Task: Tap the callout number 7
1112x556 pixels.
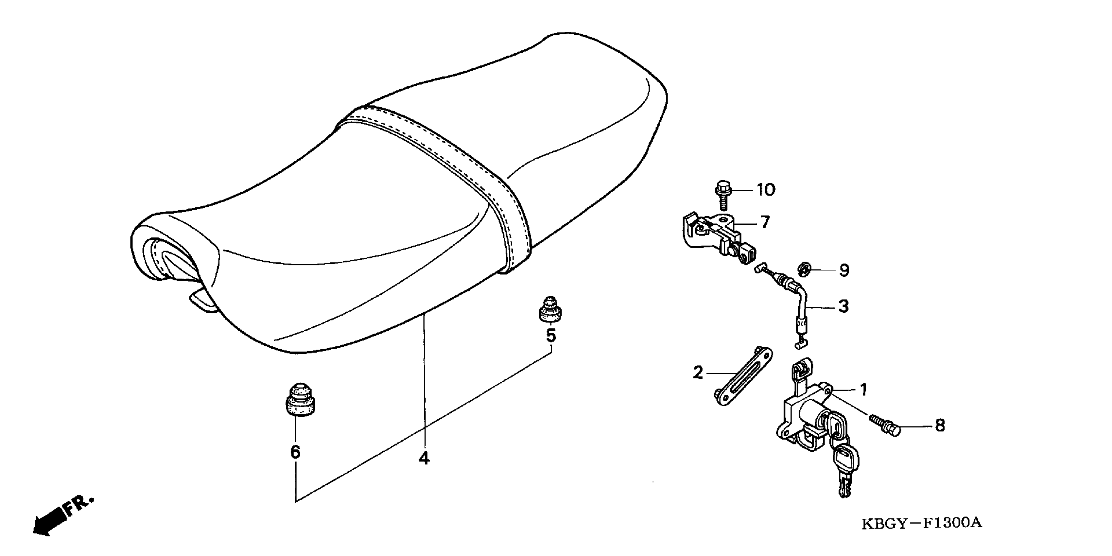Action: pyautogui.click(x=765, y=223)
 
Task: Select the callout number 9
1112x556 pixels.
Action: pyautogui.click(x=844, y=271)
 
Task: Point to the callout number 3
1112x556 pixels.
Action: pyautogui.click(x=843, y=307)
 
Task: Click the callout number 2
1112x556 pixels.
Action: pyautogui.click(x=698, y=373)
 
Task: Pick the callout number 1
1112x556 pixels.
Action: pyautogui.click(x=863, y=390)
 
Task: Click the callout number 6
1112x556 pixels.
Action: pyautogui.click(x=295, y=452)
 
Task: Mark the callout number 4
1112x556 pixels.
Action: pyautogui.click(x=424, y=459)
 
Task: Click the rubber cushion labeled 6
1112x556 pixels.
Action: pyautogui.click(x=300, y=400)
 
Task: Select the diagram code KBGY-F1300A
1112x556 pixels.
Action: pyautogui.click(x=921, y=524)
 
